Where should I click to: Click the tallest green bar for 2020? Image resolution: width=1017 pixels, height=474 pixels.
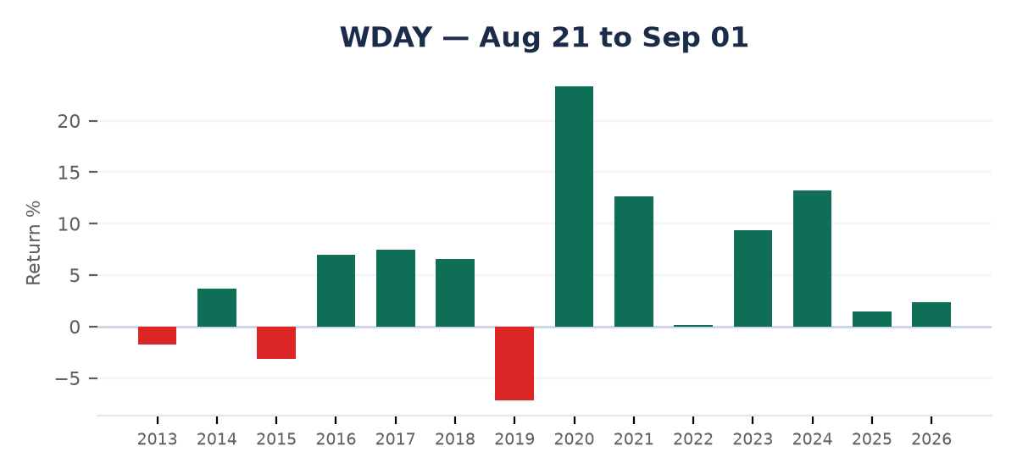click(574, 207)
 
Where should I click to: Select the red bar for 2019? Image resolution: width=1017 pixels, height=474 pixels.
click(514, 363)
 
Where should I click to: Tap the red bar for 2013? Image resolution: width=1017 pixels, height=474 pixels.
click(157, 336)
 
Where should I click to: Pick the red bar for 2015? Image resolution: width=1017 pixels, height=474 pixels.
click(276, 343)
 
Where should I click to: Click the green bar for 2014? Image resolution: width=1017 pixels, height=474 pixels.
click(217, 307)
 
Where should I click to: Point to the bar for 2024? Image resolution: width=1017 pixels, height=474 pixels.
click(812, 258)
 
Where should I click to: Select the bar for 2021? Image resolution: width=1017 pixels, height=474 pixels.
click(634, 262)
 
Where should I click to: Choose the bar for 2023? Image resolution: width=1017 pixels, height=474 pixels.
click(753, 278)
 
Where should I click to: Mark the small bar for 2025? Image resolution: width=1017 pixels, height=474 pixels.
click(872, 319)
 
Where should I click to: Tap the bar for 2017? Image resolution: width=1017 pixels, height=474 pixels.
click(396, 289)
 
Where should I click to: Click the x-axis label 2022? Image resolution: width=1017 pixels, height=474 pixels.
click(693, 439)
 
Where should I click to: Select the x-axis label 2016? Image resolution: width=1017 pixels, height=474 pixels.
click(336, 439)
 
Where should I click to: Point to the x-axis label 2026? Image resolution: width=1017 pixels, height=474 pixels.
click(931, 439)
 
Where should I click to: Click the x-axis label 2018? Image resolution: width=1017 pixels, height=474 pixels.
click(455, 439)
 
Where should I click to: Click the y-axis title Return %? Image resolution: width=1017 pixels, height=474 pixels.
click(34, 243)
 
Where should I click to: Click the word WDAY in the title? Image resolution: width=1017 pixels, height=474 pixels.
click(386, 37)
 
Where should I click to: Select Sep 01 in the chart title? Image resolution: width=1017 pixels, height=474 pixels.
click(695, 37)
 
